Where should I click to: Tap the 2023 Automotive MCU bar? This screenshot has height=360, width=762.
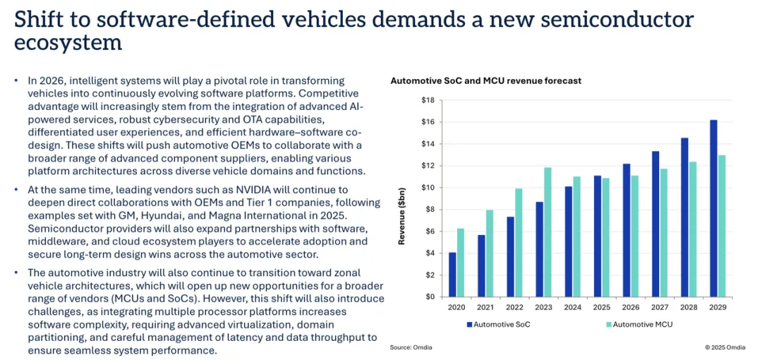pyautogui.click(x=548, y=232)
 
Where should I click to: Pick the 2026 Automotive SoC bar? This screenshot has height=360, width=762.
pyautogui.click(x=627, y=230)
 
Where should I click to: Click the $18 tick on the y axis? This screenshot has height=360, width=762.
pyautogui.click(x=428, y=100)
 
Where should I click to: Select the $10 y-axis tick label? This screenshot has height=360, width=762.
pyautogui.click(x=428, y=188)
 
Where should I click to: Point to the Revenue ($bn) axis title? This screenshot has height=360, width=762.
pyautogui.click(x=402, y=198)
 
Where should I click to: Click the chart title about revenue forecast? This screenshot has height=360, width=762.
pyautogui.click(x=486, y=81)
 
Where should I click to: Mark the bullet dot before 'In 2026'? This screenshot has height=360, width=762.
pyautogui.click(x=16, y=80)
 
